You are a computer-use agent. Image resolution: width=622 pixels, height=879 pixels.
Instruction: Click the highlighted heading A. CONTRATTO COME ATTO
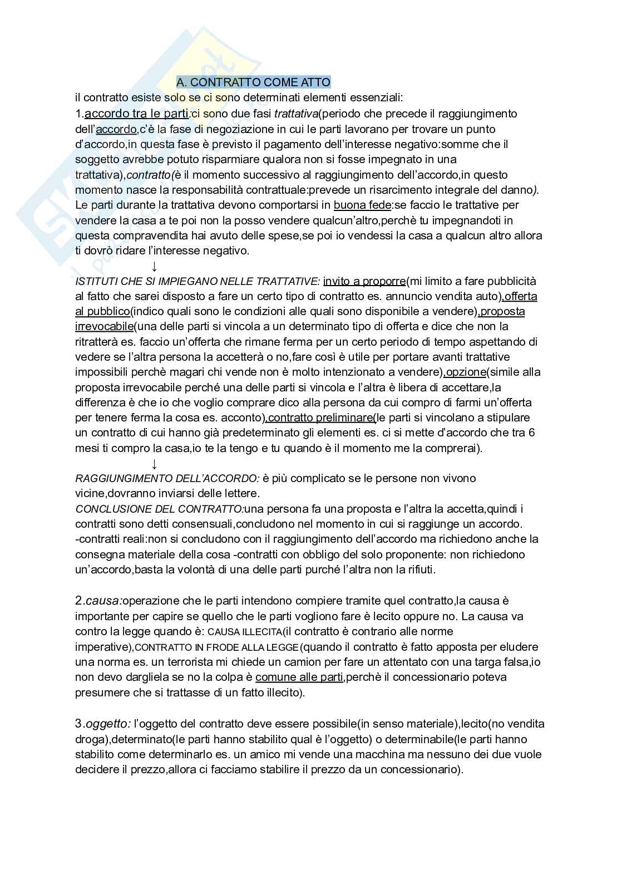253,82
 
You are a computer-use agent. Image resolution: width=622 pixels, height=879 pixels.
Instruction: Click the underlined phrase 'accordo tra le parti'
137,114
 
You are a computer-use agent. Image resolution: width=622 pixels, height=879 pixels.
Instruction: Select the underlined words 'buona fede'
362,205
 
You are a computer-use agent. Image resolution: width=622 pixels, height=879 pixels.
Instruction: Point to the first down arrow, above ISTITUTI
154,266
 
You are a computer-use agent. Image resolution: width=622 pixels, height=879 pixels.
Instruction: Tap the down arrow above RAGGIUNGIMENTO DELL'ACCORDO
154,464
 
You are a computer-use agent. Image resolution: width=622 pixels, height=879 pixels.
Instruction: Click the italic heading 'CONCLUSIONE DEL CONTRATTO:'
159,509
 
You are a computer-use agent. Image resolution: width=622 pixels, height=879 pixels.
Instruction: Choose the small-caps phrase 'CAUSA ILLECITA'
244,632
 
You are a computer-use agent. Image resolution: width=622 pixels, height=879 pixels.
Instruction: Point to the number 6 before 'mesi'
532,433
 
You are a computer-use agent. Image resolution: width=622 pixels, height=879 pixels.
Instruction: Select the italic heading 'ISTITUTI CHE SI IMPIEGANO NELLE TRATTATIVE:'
198,281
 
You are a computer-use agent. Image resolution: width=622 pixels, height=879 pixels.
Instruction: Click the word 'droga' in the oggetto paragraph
89,739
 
